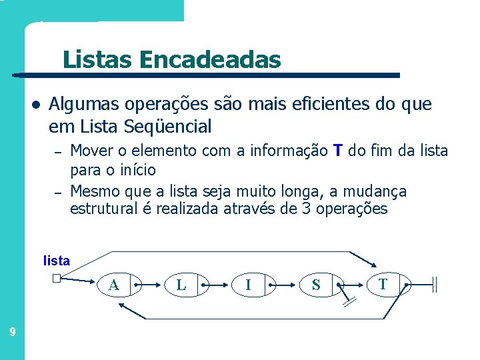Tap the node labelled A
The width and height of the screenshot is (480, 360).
[115, 285]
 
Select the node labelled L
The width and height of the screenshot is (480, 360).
[181, 285]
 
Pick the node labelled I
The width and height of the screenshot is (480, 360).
[248, 285]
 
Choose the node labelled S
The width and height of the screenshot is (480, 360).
[316, 285]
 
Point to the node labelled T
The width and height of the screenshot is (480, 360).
[383, 285]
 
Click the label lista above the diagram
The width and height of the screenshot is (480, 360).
[56, 261]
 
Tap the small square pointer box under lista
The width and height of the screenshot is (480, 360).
[57, 280]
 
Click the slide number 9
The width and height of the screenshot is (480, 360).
[12, 331]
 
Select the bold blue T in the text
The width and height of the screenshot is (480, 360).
[338, 151]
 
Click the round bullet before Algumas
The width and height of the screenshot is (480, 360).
[36, 105]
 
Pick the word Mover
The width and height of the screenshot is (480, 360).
[90, 151]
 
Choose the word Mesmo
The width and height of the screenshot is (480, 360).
[93, 192]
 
